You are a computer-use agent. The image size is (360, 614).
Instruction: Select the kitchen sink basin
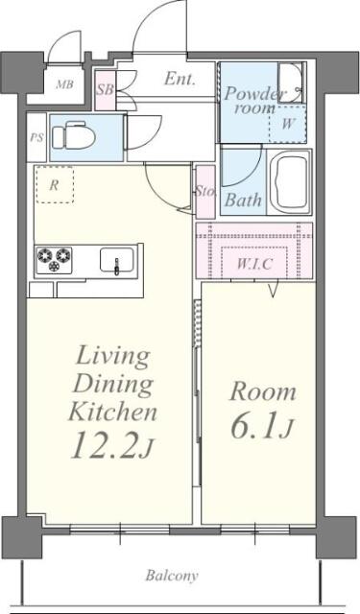tap(117, 260)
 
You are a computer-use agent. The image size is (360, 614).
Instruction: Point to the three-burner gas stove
tap(54, 260)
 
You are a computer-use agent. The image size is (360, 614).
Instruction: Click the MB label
tap(64, 83)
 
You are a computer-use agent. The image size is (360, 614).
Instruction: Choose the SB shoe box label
tap(105, 90)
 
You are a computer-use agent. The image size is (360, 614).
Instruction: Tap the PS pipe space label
tap(36, 138)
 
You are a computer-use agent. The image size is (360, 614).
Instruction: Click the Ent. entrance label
tap(179, 79)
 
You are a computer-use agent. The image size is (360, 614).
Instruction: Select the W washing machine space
tap(288, 124)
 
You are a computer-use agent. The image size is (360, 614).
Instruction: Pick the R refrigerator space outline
tap(54, 184)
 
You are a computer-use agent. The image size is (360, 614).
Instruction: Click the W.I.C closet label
tap(254, 264)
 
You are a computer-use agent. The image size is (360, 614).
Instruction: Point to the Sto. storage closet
tap(205, 192)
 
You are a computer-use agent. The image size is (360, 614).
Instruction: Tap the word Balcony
tap(172, 576)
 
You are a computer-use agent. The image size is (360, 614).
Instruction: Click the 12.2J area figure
tap(112, 445)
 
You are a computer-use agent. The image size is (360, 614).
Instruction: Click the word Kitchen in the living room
tap(113, 412)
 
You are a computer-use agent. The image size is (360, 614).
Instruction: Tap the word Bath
tap(243, 201)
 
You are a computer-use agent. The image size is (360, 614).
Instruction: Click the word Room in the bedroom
tap(262, 392)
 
